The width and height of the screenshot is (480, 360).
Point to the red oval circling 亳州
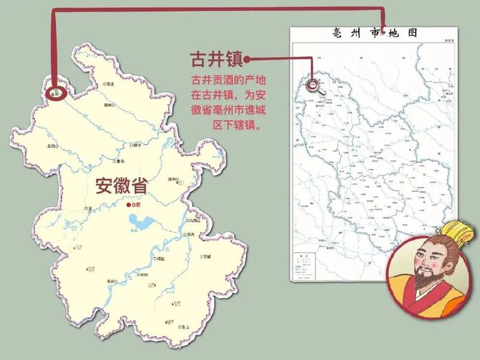[55, 94]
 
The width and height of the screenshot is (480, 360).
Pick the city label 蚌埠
[137, 145]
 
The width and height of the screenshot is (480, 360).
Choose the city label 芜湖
[191, 235]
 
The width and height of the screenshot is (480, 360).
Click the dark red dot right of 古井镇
[247, 59]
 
